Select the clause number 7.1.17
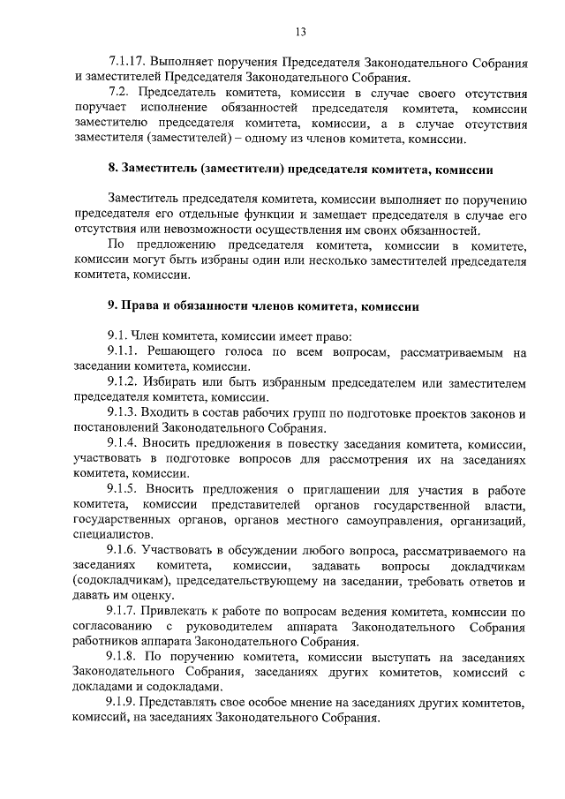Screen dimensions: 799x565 (128, 64)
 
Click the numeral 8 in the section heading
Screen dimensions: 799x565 (110, 169)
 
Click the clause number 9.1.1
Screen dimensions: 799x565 (124, 351)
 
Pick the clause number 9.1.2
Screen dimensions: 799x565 (124, 382)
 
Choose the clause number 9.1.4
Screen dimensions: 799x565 (124, 443)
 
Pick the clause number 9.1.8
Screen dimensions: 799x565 (124, 657)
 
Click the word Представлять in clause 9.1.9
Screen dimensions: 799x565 (193, 703)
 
